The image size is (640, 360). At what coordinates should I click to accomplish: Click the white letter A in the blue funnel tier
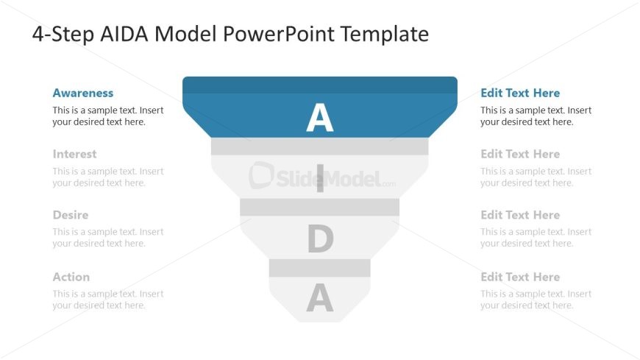click(x=319, y=118)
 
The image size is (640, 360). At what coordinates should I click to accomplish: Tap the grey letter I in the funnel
click(x=319, y=179)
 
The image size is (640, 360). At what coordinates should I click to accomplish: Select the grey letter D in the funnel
click(x=320, y=239)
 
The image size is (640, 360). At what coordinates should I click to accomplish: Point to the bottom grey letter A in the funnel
click(x=320, y=298)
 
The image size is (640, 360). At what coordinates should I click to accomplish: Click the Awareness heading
click(x=83, y=93)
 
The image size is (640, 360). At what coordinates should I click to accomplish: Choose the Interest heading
click(x=74, y=155)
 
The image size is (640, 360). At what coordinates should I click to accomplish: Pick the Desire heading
click(x=71, y=216)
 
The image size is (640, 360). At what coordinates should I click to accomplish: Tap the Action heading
click(x=71, y=278)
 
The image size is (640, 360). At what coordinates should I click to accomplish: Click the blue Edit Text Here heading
click(x=520, y=93)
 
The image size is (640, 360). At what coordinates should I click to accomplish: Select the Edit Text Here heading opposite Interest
click(x=520, y=155)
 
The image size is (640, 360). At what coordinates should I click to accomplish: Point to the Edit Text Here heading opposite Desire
click(x=520, y=216)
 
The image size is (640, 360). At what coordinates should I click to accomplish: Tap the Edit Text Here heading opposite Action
click(x=520, y=278)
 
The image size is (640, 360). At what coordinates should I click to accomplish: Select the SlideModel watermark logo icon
click(x=262, y=176)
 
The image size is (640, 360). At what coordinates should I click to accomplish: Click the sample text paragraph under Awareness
click(x=108, y=116)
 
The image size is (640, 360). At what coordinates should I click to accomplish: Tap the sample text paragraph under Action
click(x=108, y=300)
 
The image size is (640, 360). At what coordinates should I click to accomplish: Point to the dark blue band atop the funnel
click(x=320, y=85)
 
